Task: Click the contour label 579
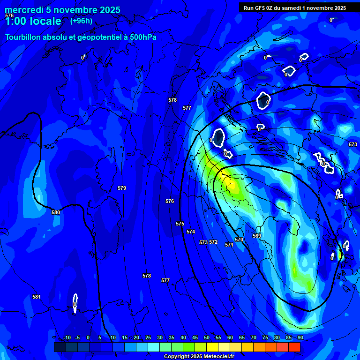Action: point(122,188)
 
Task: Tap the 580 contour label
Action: point(56,212)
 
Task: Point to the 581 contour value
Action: point(37,297)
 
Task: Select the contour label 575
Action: point(180,224)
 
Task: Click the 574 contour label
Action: point(190,232)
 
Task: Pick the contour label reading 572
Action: point(213,242)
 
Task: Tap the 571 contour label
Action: point(229,245)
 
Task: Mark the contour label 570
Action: point(239,240)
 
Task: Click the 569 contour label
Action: point(257,236)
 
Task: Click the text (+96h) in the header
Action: point(81,21)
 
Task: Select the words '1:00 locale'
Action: point(33,21)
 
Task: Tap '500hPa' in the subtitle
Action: point(140,37)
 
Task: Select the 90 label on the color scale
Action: point(300,337)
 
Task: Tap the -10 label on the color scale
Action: point(67,337)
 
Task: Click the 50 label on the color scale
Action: point(207,337)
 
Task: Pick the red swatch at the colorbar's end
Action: point(294,347)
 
